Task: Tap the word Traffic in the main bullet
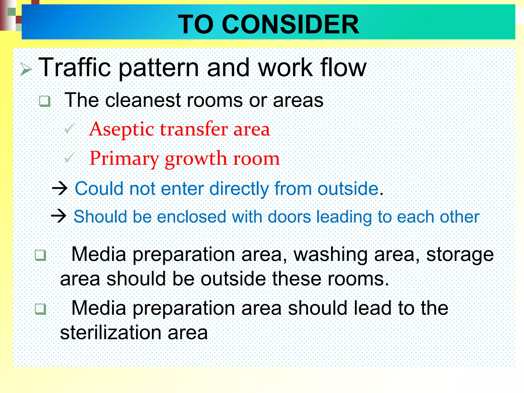[x=74, y=68]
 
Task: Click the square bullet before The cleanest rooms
[x=45, y=101]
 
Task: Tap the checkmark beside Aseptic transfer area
[x=69, y=128]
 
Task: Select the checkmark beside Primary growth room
[x=69, y=158]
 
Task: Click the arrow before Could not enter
[x=60, y=189]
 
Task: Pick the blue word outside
[x=348, y=189]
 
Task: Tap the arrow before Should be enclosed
[x=59, y=216]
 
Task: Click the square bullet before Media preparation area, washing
[x=40, y=255]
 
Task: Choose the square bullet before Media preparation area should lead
[x=40, y=309]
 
